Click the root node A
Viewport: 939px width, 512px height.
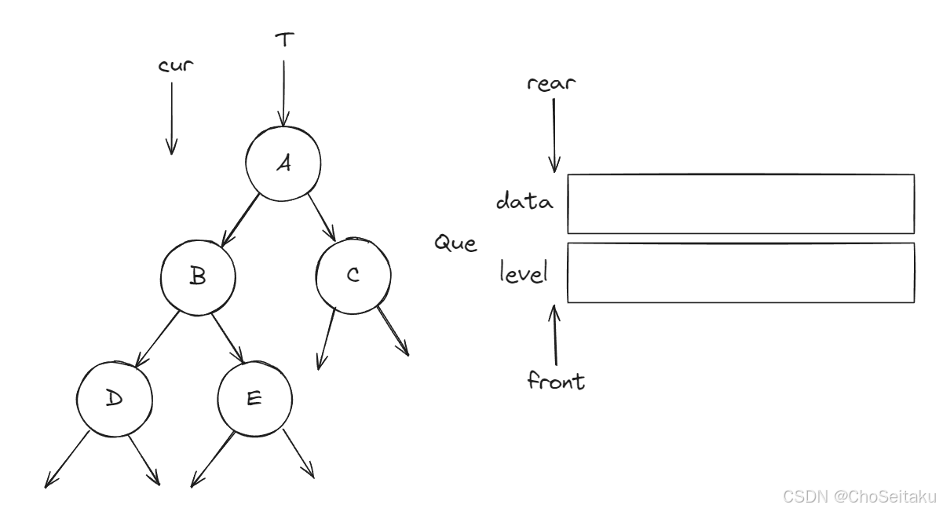[283, 163]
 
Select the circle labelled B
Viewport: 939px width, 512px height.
[198, 276]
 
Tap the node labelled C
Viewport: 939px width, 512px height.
[353, 275]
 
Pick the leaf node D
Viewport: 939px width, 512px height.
[115, 398]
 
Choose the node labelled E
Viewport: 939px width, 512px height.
[254, 398]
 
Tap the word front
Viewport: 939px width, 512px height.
[556, 382]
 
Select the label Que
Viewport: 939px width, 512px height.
[455, 244]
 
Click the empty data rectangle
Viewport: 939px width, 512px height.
[740, 203]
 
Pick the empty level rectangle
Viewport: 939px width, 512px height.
[740, 272]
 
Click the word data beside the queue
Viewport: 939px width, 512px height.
[524, 202]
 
